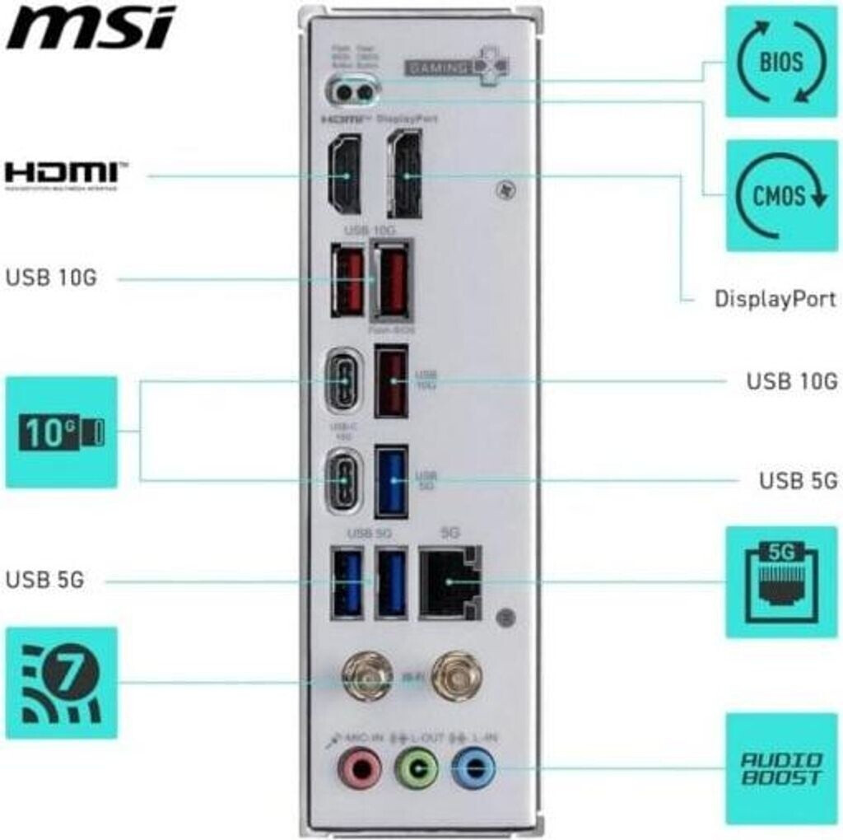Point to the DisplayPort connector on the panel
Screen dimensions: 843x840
[x=404, y=175]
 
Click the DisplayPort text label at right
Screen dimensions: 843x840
[x=775, y=298]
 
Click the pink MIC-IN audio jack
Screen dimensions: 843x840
[x=358, y=769]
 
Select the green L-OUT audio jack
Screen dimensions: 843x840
[x=417, y=769]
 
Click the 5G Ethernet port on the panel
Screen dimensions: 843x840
[x=449, y=582]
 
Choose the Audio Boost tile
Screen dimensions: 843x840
[x=780, y=768]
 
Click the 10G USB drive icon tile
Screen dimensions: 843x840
[x=62, y=432]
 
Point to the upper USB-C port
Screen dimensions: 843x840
[x=342, y=382]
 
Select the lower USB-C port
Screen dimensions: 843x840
[x=342, y=481]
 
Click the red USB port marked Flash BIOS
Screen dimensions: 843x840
[x=392, y=280]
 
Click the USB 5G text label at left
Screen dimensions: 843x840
[x=45, y=580]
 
